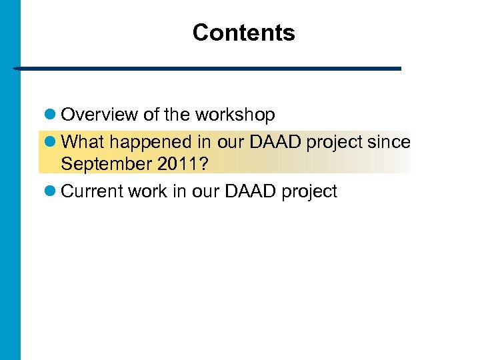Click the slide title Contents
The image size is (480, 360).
(243, 33)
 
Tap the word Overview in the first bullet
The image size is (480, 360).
(99, 115)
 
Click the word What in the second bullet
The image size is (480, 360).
(80, 143)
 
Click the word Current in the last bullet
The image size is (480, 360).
(91, 191)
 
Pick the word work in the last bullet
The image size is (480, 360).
(146, 191)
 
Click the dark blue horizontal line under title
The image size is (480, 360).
(207, 69)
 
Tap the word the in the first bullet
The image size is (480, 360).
(177, 115)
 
